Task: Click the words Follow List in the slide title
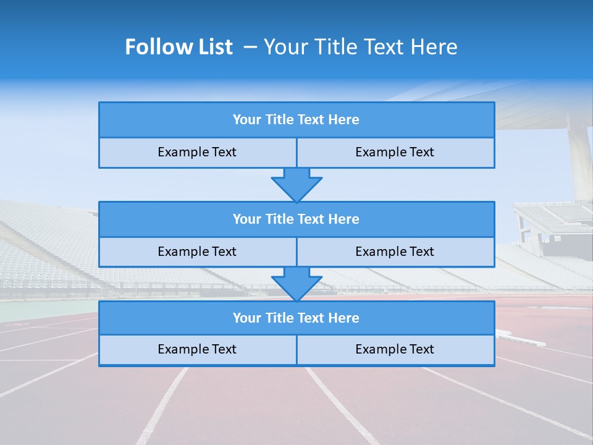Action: pos(179,47)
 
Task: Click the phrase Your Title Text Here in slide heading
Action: pos(361,47)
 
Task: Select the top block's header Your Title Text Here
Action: pos(296,120)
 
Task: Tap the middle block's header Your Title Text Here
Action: pos(296,219)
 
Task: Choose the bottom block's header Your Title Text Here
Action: pos(296,318)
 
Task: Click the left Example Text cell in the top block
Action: pos(197,152)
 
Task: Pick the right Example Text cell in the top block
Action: pos(395,152)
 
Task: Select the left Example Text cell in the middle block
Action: pos(197,252)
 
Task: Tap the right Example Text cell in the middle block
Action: pos(395,252)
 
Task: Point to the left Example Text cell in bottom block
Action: pos(197,349)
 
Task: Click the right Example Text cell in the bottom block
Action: pos(395,349)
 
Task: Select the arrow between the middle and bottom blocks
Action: pos(296,284)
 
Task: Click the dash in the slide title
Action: pos(250,47)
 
